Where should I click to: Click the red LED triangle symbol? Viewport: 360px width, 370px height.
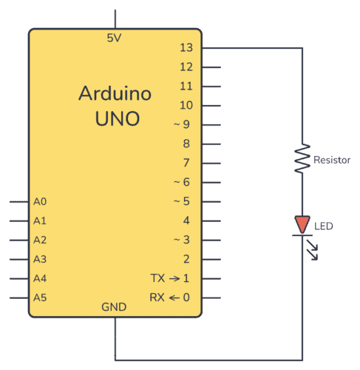(x=302, y=224)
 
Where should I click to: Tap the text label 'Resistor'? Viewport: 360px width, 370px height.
(x=332, y=160)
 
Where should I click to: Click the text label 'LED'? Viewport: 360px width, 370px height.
(x=324, y=225)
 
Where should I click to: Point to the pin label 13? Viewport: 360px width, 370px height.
(x=186, y=48)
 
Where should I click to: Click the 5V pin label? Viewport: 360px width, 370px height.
(x=115, y=38)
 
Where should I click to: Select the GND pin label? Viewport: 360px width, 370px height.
(x=115, y=306)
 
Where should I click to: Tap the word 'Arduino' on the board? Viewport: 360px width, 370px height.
(x=115, y=94)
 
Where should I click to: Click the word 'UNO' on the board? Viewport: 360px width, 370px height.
(x=116, y=118)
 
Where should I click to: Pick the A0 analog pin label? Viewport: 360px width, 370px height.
(x=40, y=201)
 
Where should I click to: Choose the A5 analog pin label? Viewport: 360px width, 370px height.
(x=40, y=297)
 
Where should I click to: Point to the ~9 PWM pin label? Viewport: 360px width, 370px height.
(x=182, y=124)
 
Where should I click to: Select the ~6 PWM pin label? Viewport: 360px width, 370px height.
(x=182, y=182)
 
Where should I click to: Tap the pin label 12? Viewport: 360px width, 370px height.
(x=186, y=67)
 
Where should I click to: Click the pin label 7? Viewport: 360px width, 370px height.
(x=187, y=163)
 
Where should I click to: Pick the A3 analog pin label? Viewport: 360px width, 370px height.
(x=40, y=259)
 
